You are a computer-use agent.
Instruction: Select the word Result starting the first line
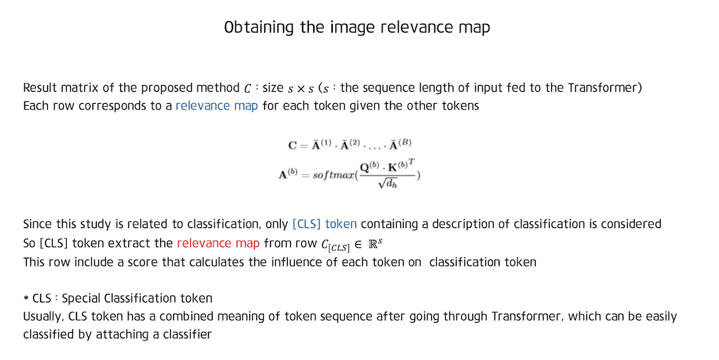pos(39,88)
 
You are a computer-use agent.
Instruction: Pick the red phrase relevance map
pos(218,244)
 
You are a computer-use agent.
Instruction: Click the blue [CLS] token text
pos(324,225)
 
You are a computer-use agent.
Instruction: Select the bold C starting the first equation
pos(293,146)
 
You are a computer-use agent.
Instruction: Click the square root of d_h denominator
pos(386,184)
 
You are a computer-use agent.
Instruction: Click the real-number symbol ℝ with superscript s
pos(378,244)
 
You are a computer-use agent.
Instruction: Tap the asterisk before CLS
pos(26,299)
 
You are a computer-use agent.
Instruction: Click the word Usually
pos(43,316)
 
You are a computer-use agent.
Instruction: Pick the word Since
pos(37,225)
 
